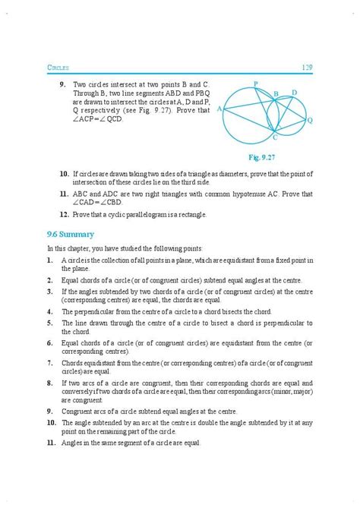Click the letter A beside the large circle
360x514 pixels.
pyautogui.click(x=219, y=109)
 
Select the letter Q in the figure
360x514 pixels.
pyautogui.click(x=309, y=120)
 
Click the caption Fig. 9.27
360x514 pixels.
pyautogui.click(x=266, y=156)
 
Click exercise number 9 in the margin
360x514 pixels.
pyautogui.click(x=62, y=85)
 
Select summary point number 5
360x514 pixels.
pyautogui.click(x=48, y=323)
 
